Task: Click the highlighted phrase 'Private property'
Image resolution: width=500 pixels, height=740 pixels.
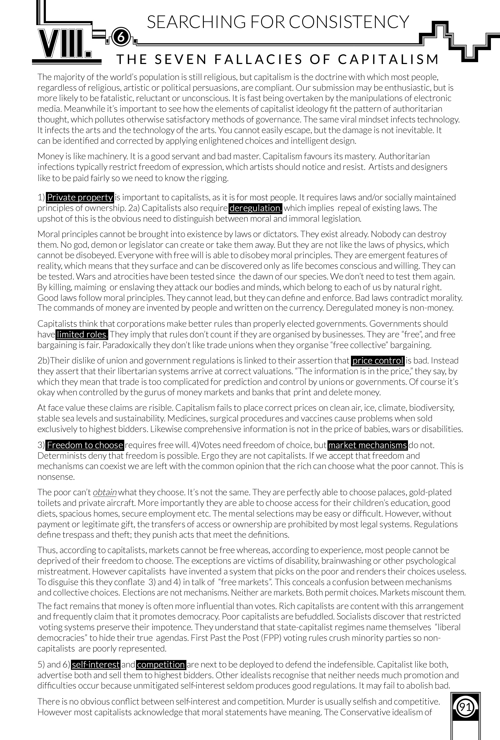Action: click(80, 197)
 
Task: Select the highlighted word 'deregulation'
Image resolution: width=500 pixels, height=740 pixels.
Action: click(255, 208)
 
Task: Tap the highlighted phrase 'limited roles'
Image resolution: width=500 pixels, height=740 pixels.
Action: click(82, 334)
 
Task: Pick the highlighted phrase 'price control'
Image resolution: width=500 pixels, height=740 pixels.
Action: click(378, 361)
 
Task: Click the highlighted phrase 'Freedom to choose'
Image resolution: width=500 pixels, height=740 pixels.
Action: click(85, 445)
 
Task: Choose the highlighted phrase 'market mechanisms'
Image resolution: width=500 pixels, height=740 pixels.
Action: click(367, 445)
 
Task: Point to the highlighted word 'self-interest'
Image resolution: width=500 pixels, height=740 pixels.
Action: click(95, 665)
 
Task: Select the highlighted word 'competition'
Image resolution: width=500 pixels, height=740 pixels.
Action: click(161, 665)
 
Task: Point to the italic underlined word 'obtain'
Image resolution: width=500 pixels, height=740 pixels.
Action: click(105, 492)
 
